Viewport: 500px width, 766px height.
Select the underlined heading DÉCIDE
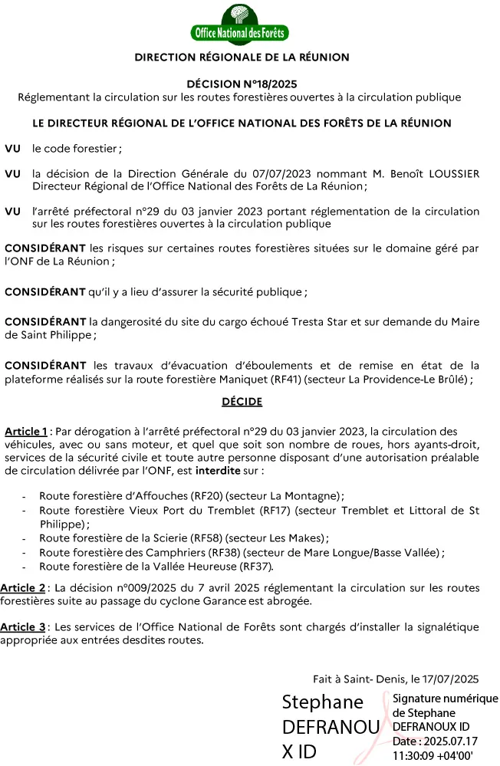(x=242, y=401)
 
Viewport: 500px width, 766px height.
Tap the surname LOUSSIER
(x=452, y=173)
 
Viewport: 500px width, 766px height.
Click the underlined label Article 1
(x=26, y=431)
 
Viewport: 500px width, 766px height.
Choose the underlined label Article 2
(x=23, y=588)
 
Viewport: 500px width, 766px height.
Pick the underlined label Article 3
(x=23, y=627)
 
